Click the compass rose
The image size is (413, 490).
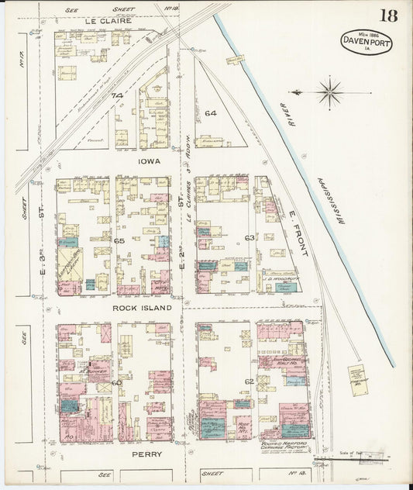pos(331,92)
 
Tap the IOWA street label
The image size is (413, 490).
pos(149,163)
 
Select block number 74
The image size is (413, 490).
pos(117,95)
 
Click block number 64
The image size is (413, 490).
pos(210,113)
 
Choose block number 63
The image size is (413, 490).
pos(250,237)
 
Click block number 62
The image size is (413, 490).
pos(250,381)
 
